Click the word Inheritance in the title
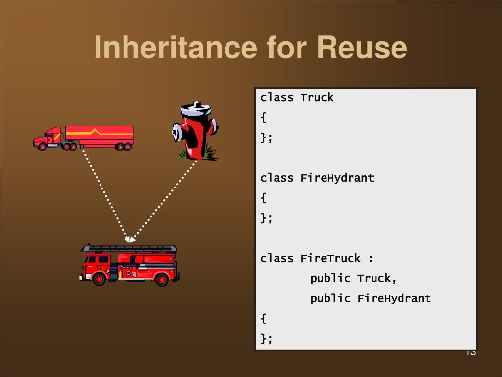(176, 48)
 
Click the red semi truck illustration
(83, 138)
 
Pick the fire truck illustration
(129, 265)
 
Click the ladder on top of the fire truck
(129, 248)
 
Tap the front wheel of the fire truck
(100, 279)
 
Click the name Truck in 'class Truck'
(317, 97)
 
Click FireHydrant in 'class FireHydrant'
(337, 178)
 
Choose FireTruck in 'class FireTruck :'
(330, 258)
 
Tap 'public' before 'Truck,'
(330, 278)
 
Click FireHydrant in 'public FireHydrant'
(394, 298)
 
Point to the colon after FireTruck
(371, 259)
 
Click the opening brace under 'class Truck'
(264, 118)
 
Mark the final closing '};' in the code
(266, 339)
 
